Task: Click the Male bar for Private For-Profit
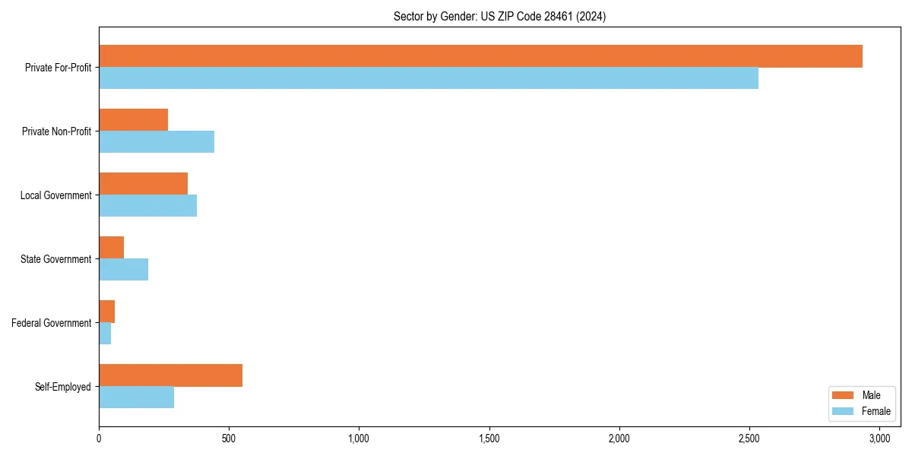480,56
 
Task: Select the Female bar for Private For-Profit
429,78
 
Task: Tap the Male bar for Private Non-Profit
133,120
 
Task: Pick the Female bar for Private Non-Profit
157,142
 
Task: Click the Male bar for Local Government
143,184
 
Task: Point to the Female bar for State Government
123,270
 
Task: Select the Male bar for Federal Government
106,312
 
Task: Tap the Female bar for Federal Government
105,334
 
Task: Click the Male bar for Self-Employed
170,375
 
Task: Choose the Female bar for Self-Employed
136,397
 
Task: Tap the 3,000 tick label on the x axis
879,439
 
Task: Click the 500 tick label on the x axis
229,439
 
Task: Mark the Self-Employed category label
63,387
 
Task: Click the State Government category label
56,259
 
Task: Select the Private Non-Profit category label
57,131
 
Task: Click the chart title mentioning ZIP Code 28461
499,16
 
